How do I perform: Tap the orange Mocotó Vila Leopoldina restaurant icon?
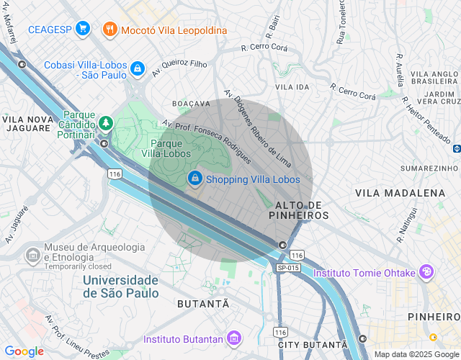click(x=109, y=30)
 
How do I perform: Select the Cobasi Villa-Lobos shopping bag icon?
click(x=137, y=68)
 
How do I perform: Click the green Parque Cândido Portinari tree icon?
click(x=106, y=124)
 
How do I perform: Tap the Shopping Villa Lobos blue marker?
click(x=194, y=179)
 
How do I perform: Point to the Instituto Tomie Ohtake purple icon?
click(x=427, y=272)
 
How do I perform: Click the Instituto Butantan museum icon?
click(x=233, y=338)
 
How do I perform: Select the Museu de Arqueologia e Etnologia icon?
click(x=32, y=255)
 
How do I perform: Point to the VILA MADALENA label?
click(x=400, y=193)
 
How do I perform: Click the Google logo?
click(x=24, y=351)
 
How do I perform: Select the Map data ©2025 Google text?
click(x=416, y=354)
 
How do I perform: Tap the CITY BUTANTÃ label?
click(x=302, y=345)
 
